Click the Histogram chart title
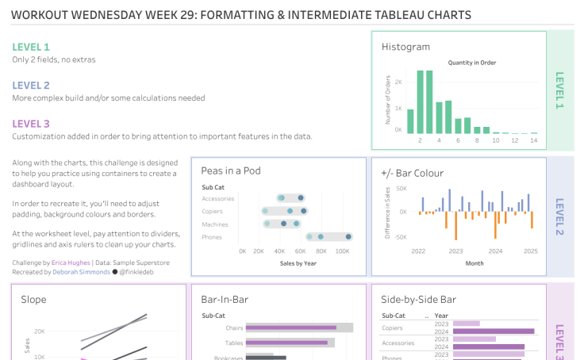pyautogui.click(x=405, y=47)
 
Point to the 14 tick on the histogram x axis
pyautogui.click(x=534, y=140)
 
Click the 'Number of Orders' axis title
pyautogui.click(x=388, y=97)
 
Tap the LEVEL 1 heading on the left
pyautogui.click(x=31, y=47)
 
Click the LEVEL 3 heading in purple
pyautogui.click(x=31, y=123)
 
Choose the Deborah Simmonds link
pyautogui.click(x=81, y=271)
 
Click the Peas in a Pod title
pyautogui.click(x=231, y=170)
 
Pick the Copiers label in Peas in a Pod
pyautogui.click(x=213, y=212)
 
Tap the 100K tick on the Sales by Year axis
pyautogui.click(x=342, y=251)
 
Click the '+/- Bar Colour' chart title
pyautogui.click(x=412, y=173)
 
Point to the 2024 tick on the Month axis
pyautogui.click(x=494, y=251)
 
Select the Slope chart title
pyautogui.click(x=34, y=299)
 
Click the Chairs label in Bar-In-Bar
pyautogui.click(x=234, y=327)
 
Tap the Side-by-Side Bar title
pyautogui.click(x=418, y=299)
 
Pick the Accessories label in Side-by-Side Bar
pyautogui.click(x=398, y=343)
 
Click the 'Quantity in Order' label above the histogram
pyautogui.click(x=472, y=63)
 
